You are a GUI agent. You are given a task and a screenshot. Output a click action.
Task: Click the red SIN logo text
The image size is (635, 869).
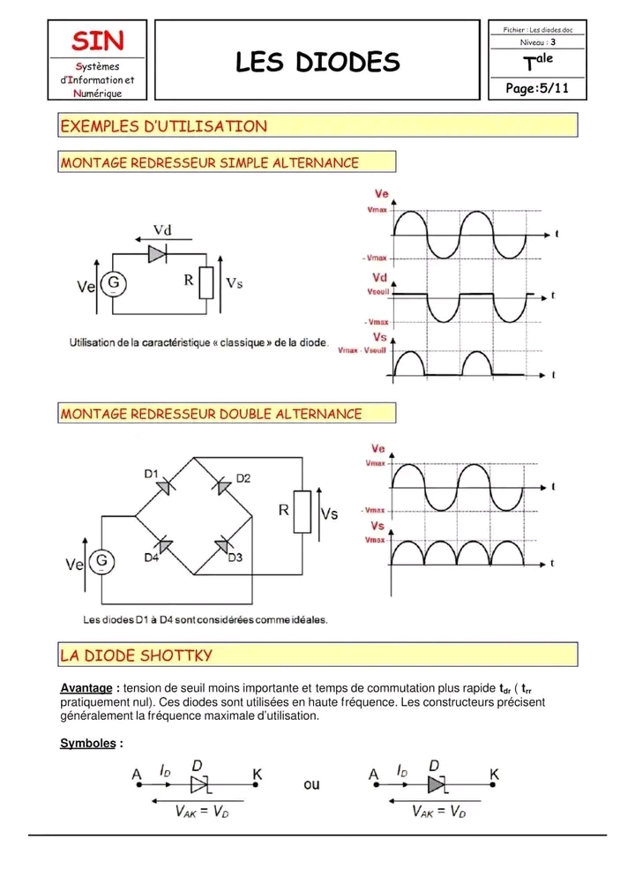(98, 41)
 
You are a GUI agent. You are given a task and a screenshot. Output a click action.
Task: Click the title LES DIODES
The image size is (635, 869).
(317, 62)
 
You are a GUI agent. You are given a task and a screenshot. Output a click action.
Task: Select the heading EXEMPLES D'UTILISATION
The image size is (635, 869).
(163, 126)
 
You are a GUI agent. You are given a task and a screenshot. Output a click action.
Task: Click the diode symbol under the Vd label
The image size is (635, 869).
(157, 253)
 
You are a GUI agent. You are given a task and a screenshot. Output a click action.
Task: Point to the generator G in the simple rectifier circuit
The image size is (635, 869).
(113, 282)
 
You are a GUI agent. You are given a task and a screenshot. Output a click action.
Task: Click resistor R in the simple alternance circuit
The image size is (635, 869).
(206, 281)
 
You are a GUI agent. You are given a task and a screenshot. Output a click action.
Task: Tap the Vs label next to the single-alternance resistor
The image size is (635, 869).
(234, 283)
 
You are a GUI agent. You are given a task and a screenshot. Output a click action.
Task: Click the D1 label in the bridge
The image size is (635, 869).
(152, 474)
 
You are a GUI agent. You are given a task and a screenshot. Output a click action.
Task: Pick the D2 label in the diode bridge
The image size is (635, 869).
(243, 478)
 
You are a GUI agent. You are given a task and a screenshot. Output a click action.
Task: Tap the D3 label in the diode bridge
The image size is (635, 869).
(235, 558)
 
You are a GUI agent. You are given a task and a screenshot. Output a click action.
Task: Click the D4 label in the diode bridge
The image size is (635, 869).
(152, 558)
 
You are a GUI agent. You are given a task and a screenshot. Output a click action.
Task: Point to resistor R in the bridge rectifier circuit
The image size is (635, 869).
(303, 512)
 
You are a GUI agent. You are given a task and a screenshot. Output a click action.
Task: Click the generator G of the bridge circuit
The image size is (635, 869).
(101, 560)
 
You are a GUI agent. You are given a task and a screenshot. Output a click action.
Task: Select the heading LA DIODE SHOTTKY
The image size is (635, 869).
(136, 655)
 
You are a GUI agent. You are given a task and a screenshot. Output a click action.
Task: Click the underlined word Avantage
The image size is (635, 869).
(86, 688)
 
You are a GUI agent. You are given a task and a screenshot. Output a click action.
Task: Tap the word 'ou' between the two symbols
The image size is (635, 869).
(311, 783)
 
